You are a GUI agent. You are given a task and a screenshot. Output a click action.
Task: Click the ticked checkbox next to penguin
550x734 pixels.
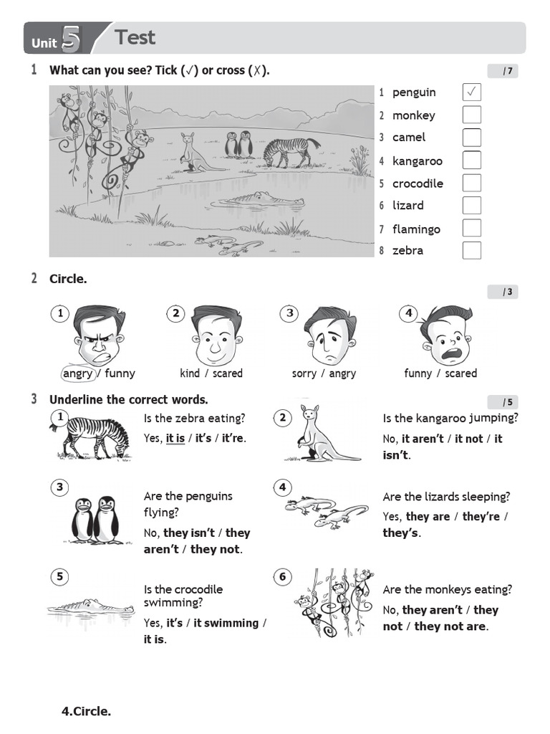point(471,92)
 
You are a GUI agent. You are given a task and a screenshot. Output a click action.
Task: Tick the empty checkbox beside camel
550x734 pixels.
point(471,137)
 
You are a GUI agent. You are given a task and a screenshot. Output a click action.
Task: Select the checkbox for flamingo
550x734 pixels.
point(471,229)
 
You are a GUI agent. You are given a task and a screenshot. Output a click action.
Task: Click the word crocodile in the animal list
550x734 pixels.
point(418,183)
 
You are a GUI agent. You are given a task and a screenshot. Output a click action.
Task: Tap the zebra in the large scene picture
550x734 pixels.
point(290,151)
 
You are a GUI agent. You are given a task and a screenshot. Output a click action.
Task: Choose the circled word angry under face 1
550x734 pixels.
point(78,373)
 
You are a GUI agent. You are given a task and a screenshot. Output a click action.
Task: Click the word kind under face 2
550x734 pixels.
point(190,373)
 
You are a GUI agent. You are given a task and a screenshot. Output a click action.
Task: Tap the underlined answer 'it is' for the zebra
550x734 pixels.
point(175,438)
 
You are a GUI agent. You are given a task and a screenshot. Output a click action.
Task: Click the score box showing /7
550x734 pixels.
point(503,71)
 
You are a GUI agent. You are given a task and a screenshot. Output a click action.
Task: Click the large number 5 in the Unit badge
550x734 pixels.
point(71,39)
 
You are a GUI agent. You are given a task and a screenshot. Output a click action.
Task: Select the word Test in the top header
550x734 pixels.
point(135,37)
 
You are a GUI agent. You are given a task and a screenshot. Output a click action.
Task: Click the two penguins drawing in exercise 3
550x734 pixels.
point(94,520)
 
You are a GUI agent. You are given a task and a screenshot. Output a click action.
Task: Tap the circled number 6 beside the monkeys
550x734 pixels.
point(283,576)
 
